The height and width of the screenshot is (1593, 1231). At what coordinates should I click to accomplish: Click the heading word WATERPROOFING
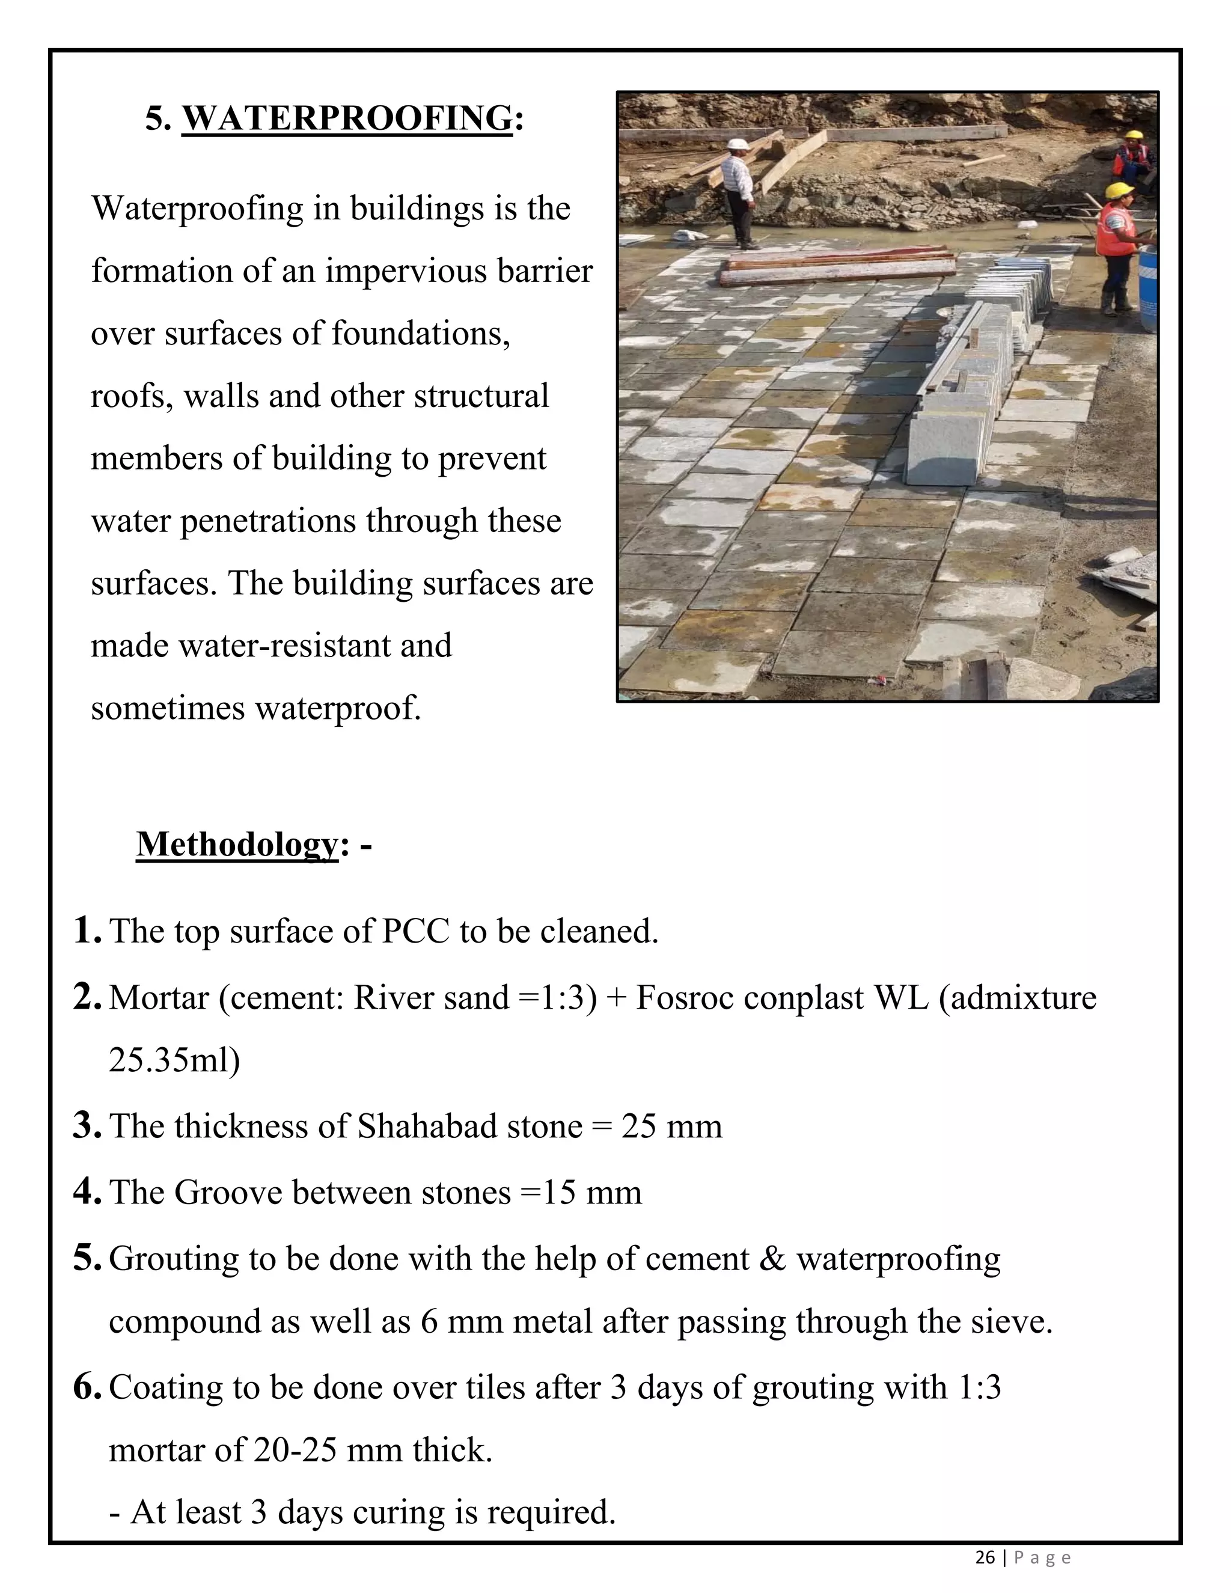[347, 118]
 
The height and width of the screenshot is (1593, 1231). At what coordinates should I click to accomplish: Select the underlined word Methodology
[237, 845]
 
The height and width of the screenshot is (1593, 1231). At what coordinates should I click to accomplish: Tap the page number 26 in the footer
[985, 1558]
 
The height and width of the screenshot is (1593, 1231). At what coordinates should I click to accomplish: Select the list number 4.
[86, 1192]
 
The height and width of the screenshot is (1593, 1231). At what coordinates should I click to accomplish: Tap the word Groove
[228, 1193]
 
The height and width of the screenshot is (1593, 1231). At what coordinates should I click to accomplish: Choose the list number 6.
[86, 1387]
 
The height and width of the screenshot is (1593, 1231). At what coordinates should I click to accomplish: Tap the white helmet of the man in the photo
[738, 144]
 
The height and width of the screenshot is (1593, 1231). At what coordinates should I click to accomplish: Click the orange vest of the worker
[1115, 230]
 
